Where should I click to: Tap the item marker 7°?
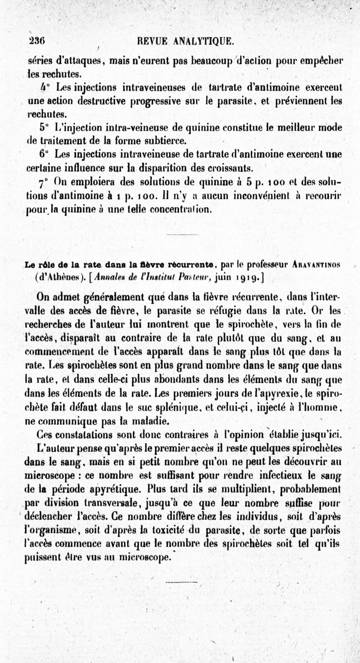tap(44, 184)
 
